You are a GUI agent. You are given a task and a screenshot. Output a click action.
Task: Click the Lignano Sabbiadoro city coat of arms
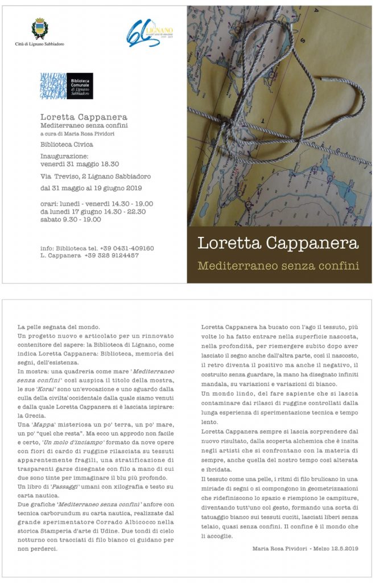tap(39, 28)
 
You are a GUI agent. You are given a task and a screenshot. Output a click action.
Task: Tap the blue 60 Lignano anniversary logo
tap(150, 33)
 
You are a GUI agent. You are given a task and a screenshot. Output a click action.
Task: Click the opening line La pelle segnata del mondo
tap(59, 327)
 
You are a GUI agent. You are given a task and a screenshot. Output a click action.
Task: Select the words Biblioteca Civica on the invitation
tap(67, 145)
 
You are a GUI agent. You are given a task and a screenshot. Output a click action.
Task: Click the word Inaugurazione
tap(64, 155)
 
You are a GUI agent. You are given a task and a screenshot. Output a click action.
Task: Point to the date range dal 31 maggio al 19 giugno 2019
tap(90, 188)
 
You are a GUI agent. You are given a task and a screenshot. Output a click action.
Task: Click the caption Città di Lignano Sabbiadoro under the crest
tap(39, 43)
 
